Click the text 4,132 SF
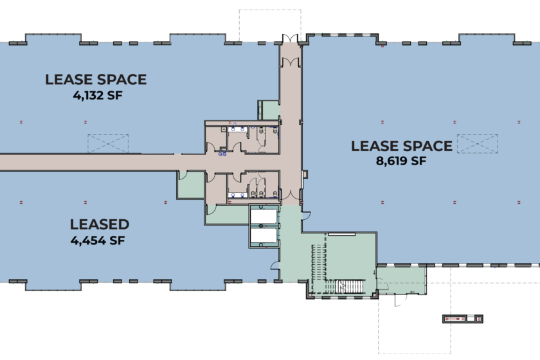click(x=98, y=95)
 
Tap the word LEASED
click(x=100, y=224)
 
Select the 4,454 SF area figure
click(x=98, y=240)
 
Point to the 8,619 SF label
click(x=401, y=161)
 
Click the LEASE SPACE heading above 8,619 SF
click(x=402, y=146)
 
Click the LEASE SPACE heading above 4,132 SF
click(x=96, y=80)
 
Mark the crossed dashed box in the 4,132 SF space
click(x=108, y=143)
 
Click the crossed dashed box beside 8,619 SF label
click(x=477, y=143)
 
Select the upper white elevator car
click(x=264, y=217)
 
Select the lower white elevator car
click(x=264, y=236)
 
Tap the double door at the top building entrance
click(x=290, y=38)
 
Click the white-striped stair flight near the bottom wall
click(x=350, y=287)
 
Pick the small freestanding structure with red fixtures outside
click(x=462, y=319)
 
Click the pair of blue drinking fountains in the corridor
click(x=222, y=154)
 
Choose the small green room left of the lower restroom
click(x=191, y=185)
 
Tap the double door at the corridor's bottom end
click(x=291, y=196)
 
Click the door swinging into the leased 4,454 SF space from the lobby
click(x=275, y=265)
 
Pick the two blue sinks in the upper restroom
click(x=238, y=129)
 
